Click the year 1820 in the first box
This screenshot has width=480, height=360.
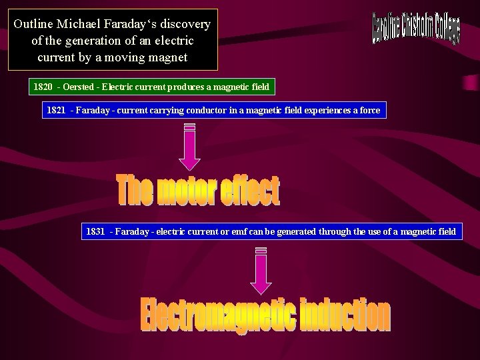pyautogui.click(x=43, y=87)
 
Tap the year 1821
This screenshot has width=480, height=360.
pyautogui.click(x=56, y=111)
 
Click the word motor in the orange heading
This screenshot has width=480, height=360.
pyautogui.click(x=193, y=192)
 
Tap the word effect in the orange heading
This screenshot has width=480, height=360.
pyautogui.click(x=253, y=192)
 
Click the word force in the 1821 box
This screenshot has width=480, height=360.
pyautogui.click(x=368, y=111)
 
